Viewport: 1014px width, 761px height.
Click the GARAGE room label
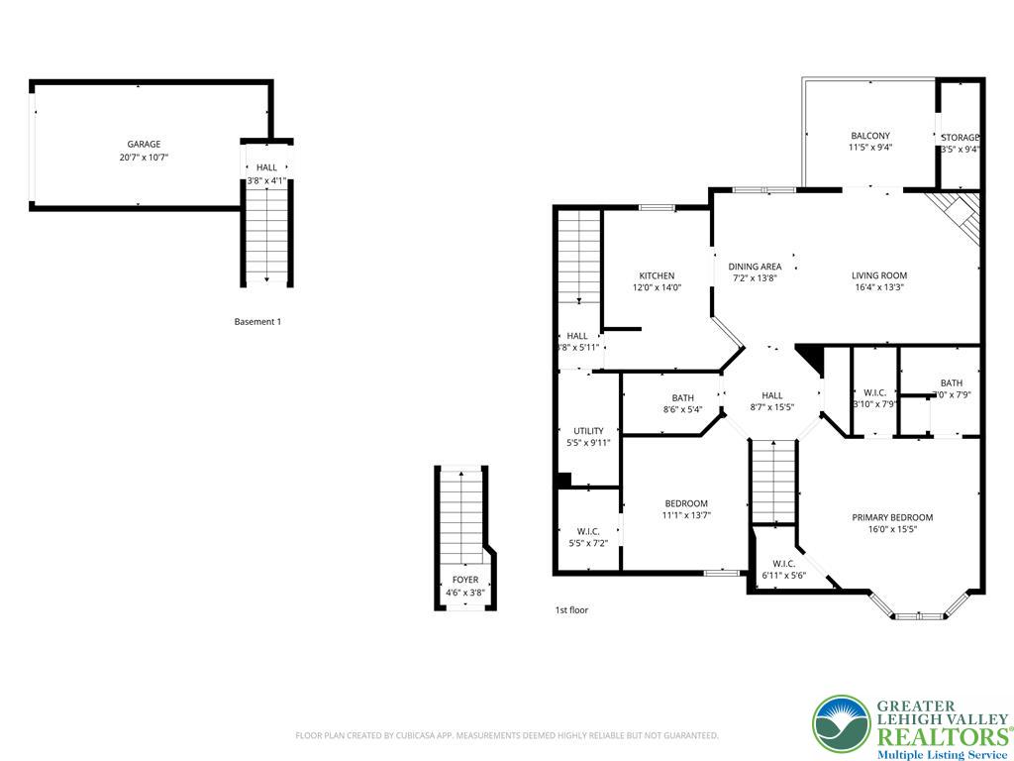(144, 144)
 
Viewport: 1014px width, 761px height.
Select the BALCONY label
(869, 136)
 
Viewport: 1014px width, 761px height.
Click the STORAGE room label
(960, 138)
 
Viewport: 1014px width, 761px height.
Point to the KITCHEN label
(657, 275)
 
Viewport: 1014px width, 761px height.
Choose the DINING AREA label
(755, 266)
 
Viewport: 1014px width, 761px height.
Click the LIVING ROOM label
(879, 275)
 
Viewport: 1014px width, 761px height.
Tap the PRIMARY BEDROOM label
(892, 517)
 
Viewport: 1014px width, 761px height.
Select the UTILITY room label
(588, 431)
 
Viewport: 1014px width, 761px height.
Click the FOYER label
(464, 580)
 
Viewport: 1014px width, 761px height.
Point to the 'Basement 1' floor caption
(257, 321)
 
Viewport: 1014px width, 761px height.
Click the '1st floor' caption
(571, 610)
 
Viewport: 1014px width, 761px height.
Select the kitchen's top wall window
(657, 207)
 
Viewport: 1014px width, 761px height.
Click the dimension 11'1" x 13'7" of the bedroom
(686, 515)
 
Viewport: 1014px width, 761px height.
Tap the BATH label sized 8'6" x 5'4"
(682, 397)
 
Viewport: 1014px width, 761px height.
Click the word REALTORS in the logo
(941, 736)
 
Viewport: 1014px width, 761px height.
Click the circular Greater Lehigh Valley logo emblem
(842, 724)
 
